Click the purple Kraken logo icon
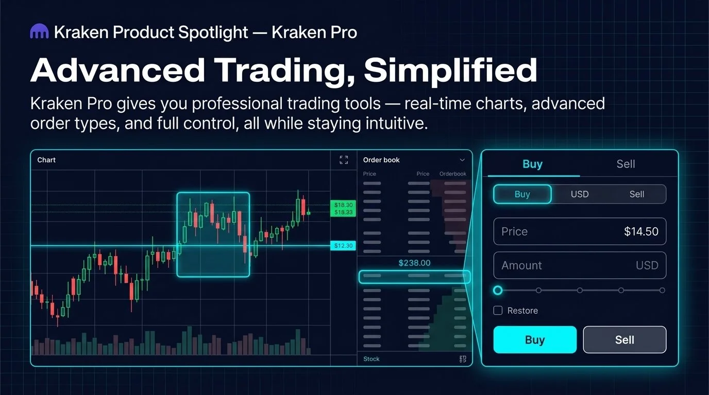point(40,32)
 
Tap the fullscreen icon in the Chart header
point(344,160)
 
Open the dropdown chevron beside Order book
point(462,160)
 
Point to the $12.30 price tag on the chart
point(343,246)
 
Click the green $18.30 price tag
point(343,205)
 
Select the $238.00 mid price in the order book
point(414,263)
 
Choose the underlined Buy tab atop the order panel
point(532,164)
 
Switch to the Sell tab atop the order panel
point(626,164)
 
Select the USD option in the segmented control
point(580,194)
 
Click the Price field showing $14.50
point(580,231)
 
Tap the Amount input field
point(580,265)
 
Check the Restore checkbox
point(498,311)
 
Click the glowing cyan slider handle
point(498,290)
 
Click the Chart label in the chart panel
point(46,160)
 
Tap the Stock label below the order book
point(371,359)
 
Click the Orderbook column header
point(452,174)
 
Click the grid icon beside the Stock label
point(462,359)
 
